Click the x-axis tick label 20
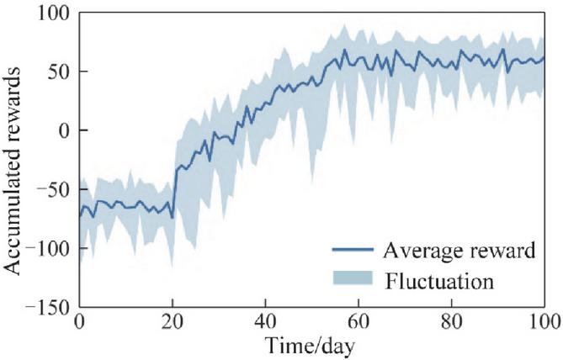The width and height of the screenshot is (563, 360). [x=173, y=323]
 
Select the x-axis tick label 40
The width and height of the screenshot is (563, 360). [x=265, y=323]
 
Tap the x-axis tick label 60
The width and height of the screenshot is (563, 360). [x=359, y=323]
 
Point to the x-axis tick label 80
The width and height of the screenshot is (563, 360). [x=452, y=323]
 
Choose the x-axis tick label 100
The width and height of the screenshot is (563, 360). [x=541, y=323]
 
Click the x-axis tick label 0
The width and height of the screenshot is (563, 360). [x=80, y=323]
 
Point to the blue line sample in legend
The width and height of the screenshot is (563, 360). [x=351, y=251]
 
